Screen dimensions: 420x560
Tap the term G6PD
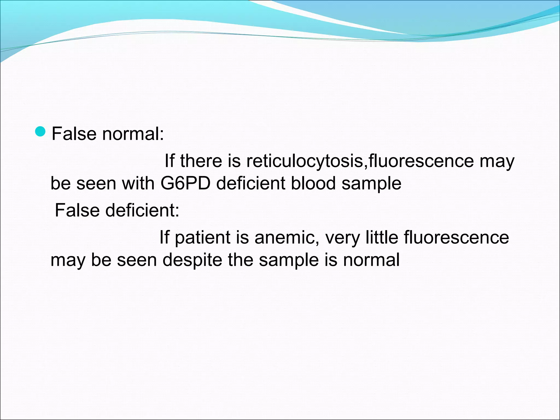click(x=185, y=183)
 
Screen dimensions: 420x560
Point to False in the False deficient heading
click(x=77, y=210)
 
